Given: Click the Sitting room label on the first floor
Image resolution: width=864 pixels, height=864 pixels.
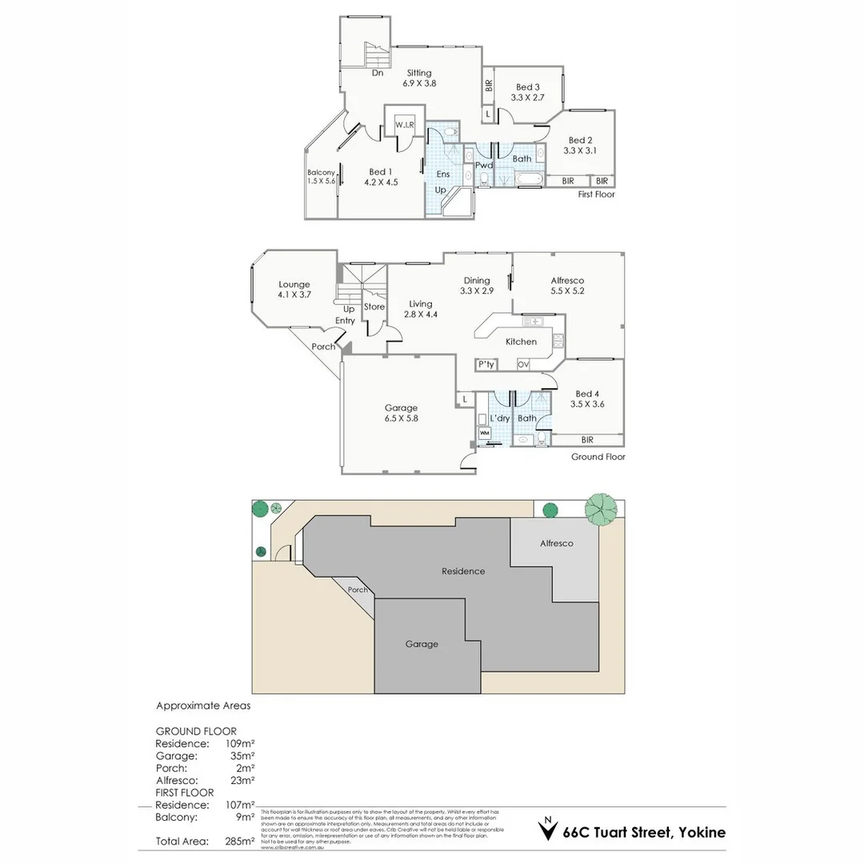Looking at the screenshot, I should tap(419, 73).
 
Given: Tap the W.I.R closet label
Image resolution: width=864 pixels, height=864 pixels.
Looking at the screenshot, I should tap(404, 125).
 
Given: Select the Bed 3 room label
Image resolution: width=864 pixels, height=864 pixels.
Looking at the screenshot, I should tap(527, 87).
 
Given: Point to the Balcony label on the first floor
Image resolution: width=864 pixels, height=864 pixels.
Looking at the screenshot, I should tap(322, 173).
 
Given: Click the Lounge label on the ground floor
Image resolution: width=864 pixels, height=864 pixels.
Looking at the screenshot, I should tap(294, 284).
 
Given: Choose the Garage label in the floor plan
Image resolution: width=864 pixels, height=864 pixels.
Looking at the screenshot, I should tap(401, 408).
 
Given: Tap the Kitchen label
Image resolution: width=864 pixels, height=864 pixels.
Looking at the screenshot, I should tap(521, 342).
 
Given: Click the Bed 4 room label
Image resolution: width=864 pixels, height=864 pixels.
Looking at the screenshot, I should tap(586, 394).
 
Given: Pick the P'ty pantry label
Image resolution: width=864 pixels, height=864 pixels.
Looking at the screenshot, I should tap(486, 364).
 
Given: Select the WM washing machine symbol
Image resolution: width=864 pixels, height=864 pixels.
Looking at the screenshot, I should tap(484, 433).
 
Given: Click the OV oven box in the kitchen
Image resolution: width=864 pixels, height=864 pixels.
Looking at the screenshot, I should tap(523, 364).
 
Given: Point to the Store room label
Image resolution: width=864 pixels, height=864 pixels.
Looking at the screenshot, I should tap(374, 307).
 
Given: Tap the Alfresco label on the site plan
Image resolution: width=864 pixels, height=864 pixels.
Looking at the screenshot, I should tap(556, 543).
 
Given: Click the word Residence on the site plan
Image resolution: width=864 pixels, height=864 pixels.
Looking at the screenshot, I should tap(463, 571).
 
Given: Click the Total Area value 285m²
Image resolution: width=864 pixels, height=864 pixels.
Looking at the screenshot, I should tap(239, 841).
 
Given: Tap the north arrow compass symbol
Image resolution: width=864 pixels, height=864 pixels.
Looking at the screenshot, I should tap(547, 830).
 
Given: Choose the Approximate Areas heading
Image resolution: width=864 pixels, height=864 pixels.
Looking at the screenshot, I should tap(203, 706).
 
